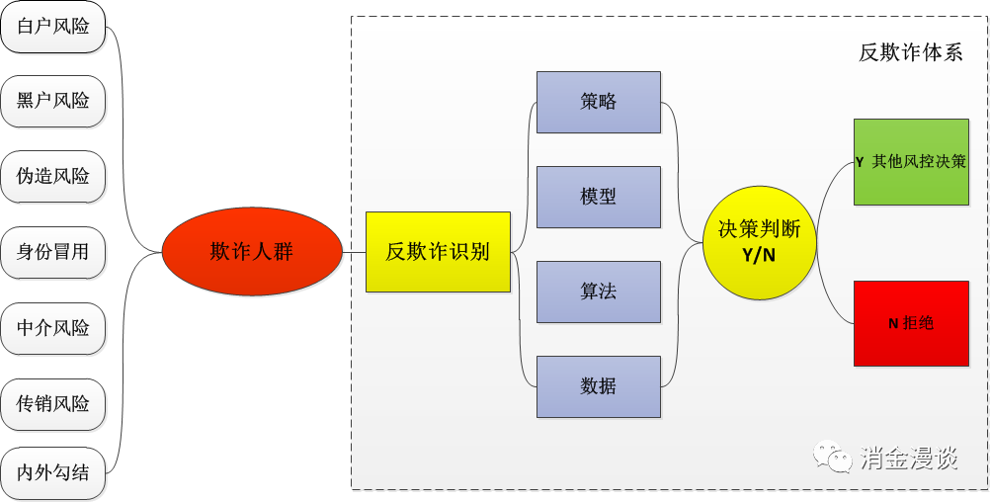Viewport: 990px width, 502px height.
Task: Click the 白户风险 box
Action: (x=53, y=27)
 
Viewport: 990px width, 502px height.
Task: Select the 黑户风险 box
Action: (x=53, y=101)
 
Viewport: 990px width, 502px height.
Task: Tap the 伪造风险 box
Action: (x=53, y=177)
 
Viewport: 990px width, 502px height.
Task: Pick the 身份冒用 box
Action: (x=53, y=252)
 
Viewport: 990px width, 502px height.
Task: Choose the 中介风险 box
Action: (x=53, y=328)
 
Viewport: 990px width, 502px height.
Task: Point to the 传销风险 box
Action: (x=53, y=403)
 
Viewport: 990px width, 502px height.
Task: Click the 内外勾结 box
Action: (x=53, y=473)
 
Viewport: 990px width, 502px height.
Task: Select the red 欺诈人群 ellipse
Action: (x=252, y=252)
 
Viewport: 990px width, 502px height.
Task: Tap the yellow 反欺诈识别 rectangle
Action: (x=438, y=252)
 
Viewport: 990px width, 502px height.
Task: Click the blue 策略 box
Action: (x=598, y=102)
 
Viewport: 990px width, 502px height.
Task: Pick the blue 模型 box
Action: (x=598, y=197)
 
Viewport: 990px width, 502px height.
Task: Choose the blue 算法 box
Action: (x=598, y=292)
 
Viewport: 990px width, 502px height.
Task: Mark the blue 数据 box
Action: (x=598, y=386)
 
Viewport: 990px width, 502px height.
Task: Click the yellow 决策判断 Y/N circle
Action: (x=760, y=242)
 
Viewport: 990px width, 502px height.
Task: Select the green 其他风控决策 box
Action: (x=911, y=162)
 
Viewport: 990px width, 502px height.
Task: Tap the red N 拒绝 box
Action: (x=911, y=323)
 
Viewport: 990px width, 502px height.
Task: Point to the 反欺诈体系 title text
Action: (x=910, y=53)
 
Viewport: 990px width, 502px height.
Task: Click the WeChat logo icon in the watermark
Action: (x=832, y=457)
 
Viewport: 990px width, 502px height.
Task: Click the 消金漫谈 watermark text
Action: (x=909, y=458)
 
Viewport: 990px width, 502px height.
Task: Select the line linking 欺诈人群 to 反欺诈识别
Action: (x=354, y=252)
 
